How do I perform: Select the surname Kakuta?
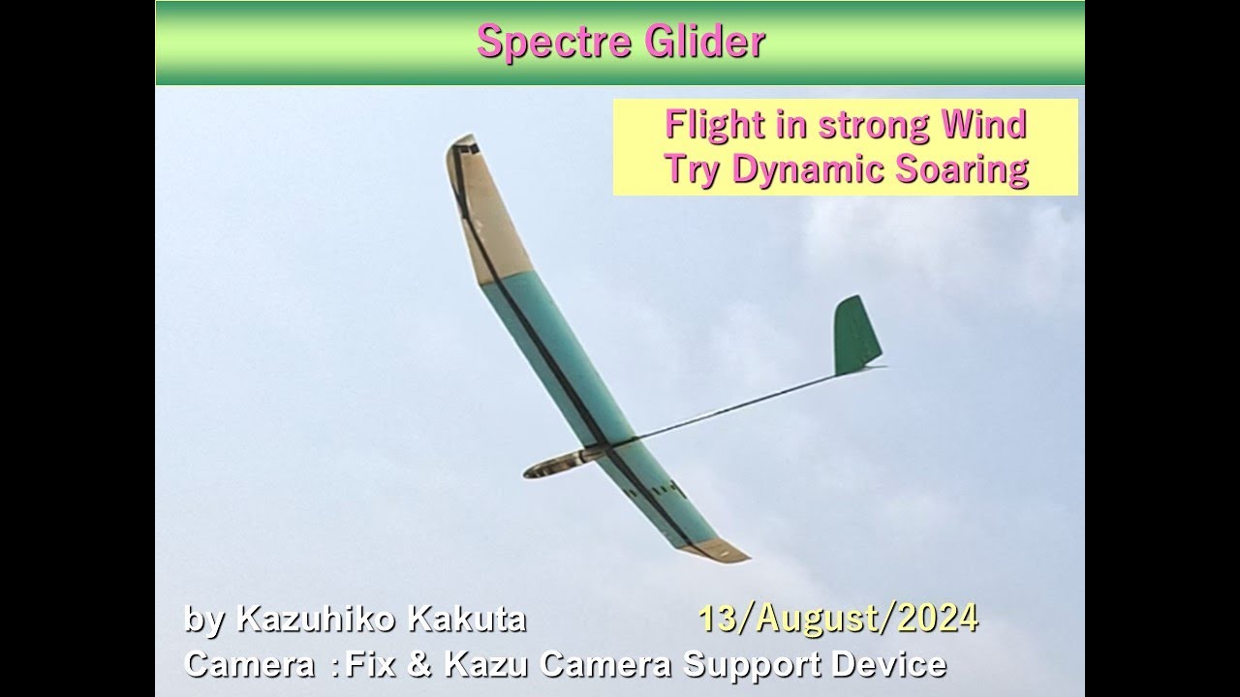pos(466,620)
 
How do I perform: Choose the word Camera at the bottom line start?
pos(242,664)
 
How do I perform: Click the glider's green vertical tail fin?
pos(856,335)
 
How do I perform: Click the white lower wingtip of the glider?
pos(722,550)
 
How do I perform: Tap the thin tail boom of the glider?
pos(736,408)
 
